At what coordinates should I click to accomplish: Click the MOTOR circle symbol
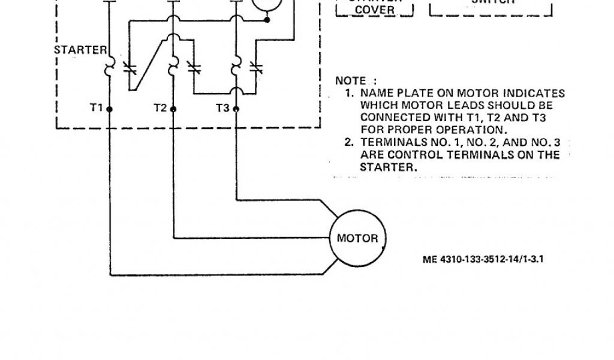pyautogui.click(x=357, y=238)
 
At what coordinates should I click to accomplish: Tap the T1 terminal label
pyautogui.click(x=96, y=108)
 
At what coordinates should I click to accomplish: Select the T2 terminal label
pyautogui.click(x=159, y=108)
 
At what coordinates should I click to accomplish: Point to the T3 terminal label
pyautogui.click(x=222, y=108)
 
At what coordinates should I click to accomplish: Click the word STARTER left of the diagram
pyautogui.click(x=80, y=49)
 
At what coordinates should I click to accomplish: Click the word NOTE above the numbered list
pyautogui.click(x=350, y=80)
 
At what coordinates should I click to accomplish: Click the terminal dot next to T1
pyautogui.click(x=110, y=109)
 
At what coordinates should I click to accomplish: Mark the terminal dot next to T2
pyautogui.click(x=173, y=109)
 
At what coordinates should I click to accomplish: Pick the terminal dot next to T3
pyautogui.click(x=236, y=109)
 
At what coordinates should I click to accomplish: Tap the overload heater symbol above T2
pyautogui.click(x=173, y=62)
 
